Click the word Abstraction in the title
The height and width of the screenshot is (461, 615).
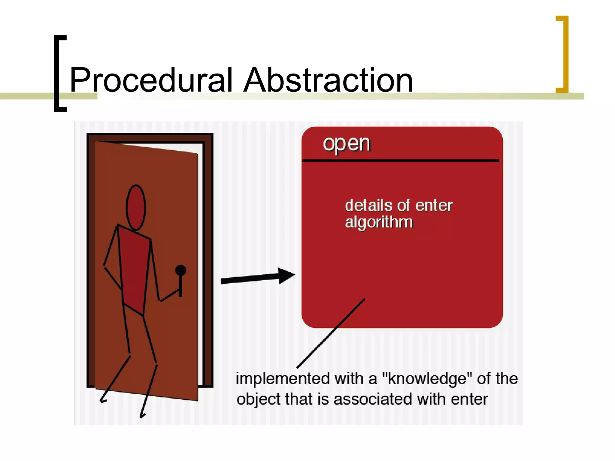(328, 80)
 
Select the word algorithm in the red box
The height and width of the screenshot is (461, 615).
(379, 222)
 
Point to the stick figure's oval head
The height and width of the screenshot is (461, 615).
(136, 207)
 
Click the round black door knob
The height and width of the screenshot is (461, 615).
(180, 270)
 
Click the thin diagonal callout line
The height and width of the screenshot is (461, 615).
(330, 333)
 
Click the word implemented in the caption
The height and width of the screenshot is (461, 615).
(283, 379)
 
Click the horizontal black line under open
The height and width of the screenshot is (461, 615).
(401, 161)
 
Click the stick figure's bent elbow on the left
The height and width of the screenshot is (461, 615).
(105, 266)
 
